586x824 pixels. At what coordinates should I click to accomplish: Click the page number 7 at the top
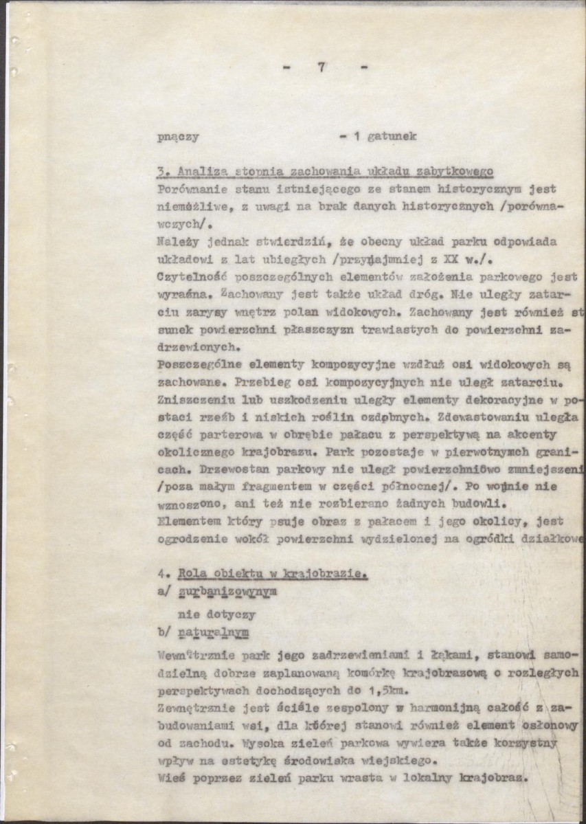(x=321, y=68)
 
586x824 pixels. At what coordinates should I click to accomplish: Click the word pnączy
(x=179, y=136)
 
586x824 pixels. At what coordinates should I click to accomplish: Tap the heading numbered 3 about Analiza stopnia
(x=326, y=171)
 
